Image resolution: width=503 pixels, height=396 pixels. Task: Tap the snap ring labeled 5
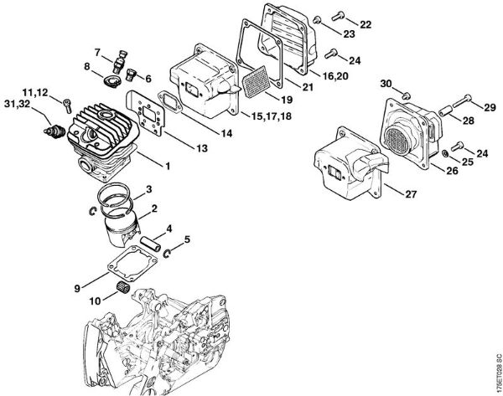click(168, 253)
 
